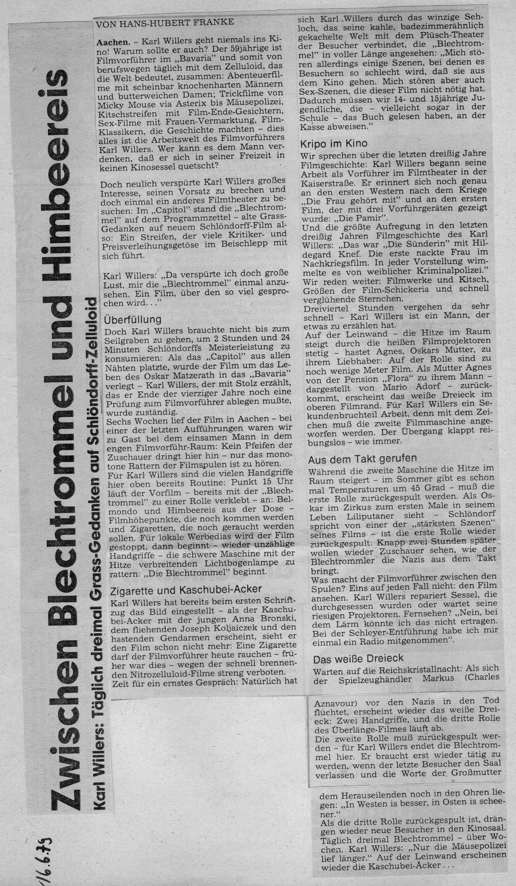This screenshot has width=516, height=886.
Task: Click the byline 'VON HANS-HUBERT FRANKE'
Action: tap(164, 22)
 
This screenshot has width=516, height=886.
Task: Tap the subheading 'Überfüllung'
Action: tap(132, 319)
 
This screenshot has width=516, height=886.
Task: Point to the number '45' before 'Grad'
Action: tap(404, 487)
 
